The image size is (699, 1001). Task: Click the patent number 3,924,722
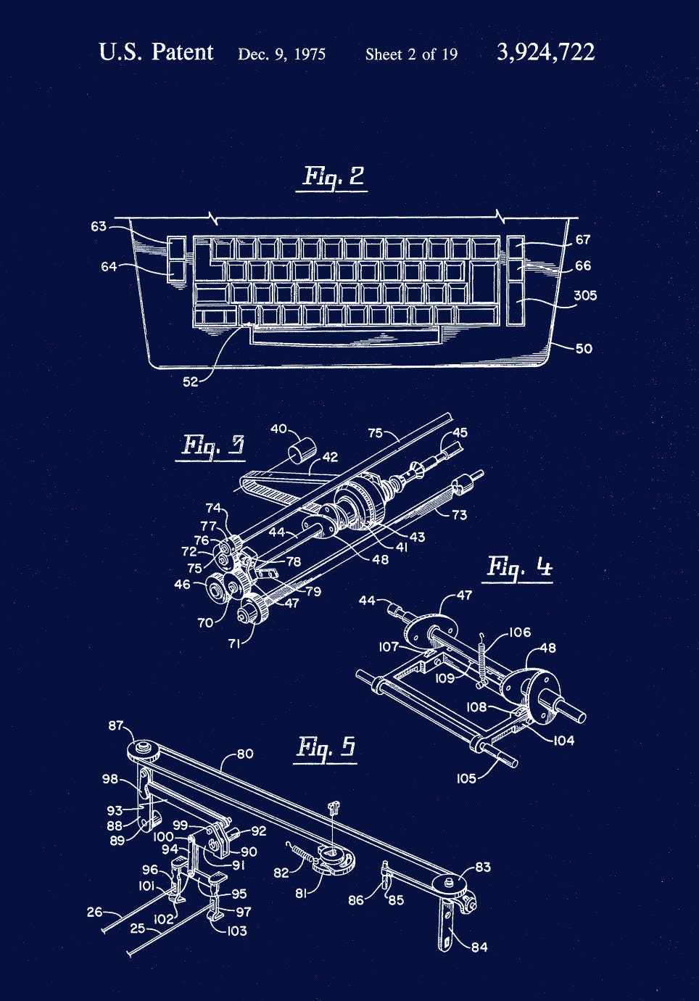pyautogui.click(x=545, y=52)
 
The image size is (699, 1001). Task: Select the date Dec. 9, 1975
pyautogui.click(x=281, y=54)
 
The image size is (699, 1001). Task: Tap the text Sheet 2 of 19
pyautogui.click(x=411, y=54)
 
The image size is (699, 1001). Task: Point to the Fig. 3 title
pyautogui.click(x=212, y=445)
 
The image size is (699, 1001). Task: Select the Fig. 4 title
pyautogui.click(x=519, y=566)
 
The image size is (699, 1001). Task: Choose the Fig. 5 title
pyautogui.click(x=326, y=746)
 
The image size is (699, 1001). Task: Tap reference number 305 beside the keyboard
pyautogui.click(x=584, y=295)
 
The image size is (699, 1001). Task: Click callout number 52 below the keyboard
pyautogui.click(x=190, y=382)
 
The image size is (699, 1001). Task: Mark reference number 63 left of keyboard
pyautogui.click(x=99, y=226)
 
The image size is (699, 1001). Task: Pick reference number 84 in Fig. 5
pyautogui.click(x=479, y=947)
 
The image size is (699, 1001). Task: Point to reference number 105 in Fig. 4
pyautogui.click(x=466, y=778)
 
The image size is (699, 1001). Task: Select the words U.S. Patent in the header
pyautogui.click(x=156, y=52)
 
